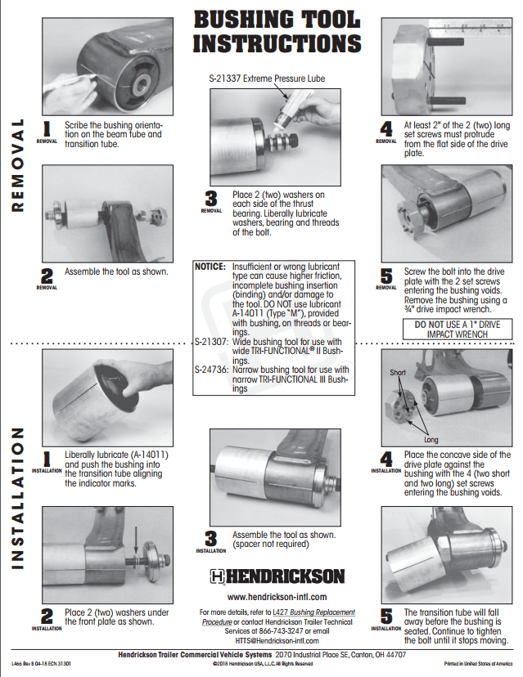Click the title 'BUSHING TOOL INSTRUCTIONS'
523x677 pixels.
click(x=276, y=32)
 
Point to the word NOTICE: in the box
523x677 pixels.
click(x=211, y=267)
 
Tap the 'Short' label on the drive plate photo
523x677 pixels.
click(x=398, y=372)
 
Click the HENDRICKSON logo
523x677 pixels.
click(x=276, y=576)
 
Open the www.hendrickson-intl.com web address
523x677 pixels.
click(x=277, y=598)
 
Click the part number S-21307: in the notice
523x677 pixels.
click(x=211, y=339)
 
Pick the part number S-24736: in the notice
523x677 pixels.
click(x=211, y=368)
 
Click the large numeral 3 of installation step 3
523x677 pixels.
click(x=210, y=538)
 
